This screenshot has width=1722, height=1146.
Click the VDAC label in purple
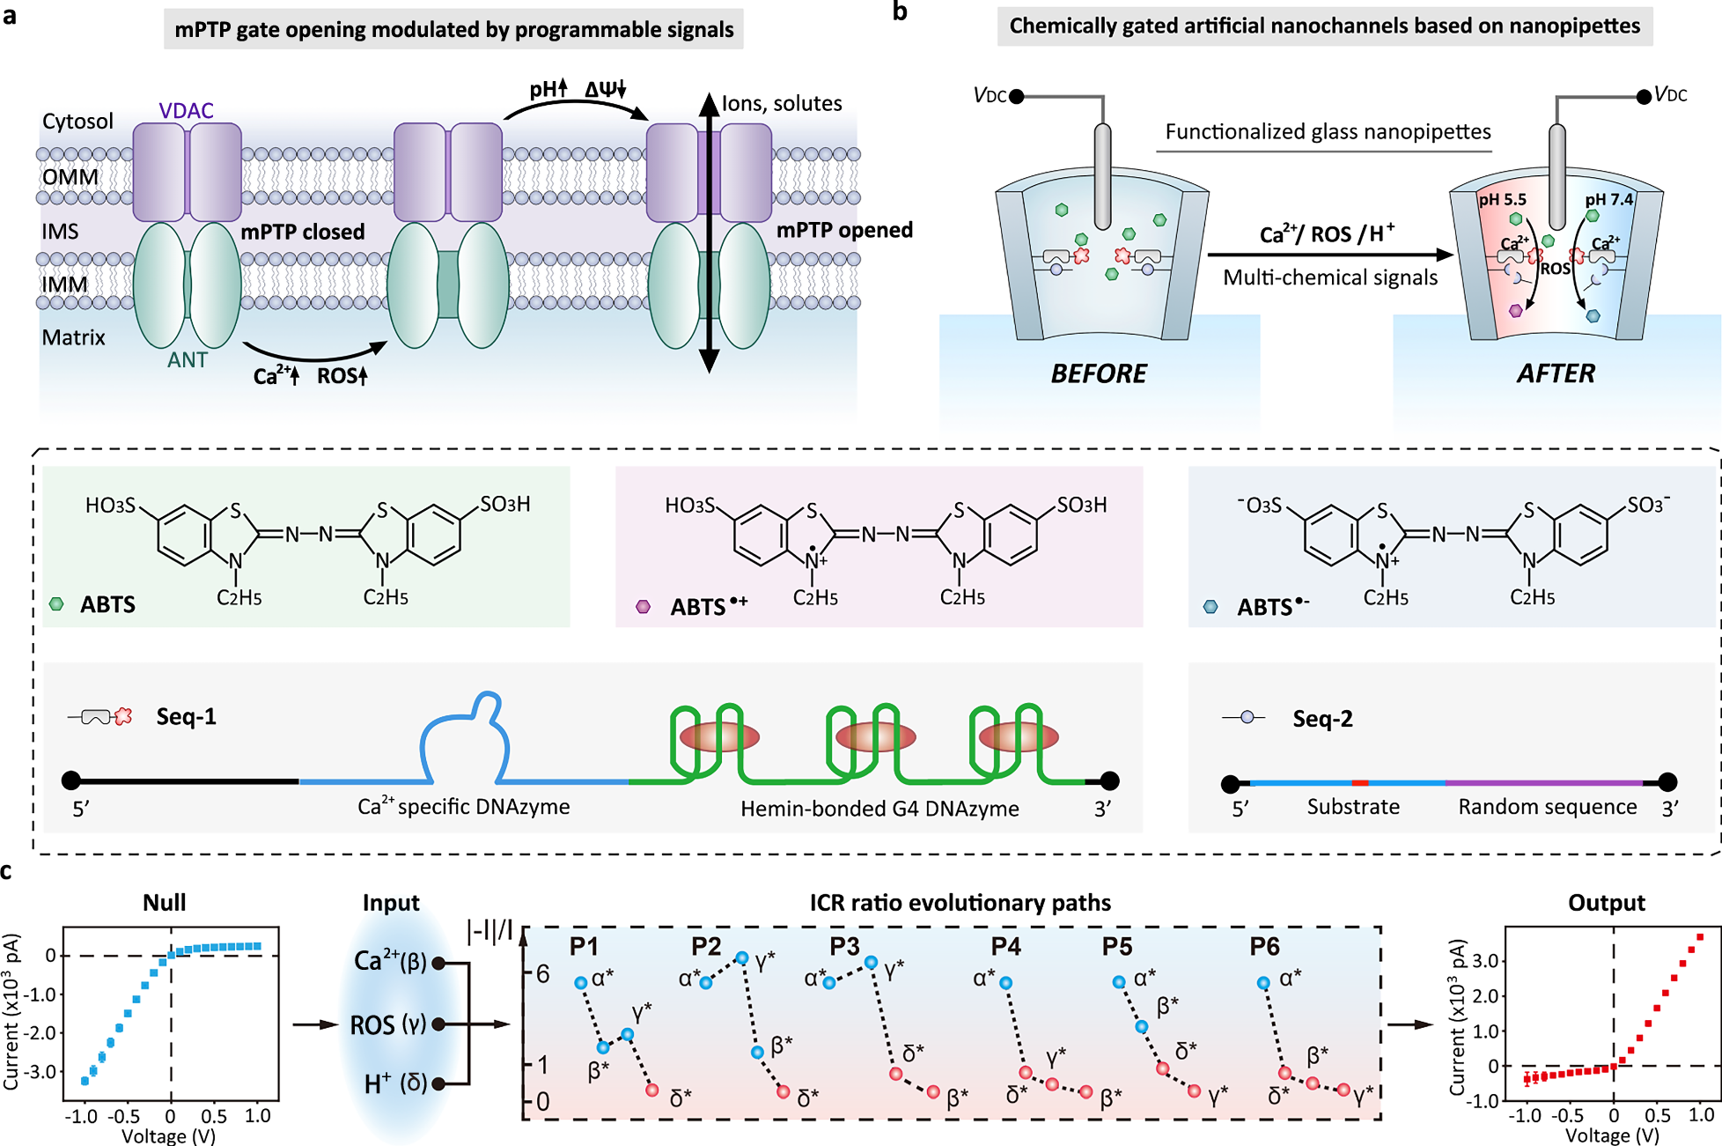pos(186,111)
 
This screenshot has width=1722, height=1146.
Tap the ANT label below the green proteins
pos(188,360)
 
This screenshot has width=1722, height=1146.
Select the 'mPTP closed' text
pos(303,233)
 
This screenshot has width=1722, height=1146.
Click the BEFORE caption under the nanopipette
pos(1098,373)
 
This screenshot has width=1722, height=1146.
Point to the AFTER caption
pos(1555,373)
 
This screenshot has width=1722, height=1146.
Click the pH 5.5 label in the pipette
pos(1502,200)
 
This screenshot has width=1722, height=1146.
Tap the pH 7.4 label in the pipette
pos(1608,200)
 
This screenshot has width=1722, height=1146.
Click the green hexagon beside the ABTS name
pos(57,604)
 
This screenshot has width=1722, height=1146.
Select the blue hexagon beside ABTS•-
pos(1211,607)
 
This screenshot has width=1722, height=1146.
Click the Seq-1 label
pos(186,717)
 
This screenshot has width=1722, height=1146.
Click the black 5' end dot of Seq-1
pos(71,780)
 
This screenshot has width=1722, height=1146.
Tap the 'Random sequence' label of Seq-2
pos(1547,807)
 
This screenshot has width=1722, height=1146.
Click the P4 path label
pos(1005,947)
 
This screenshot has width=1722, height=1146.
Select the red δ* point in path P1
pos(651,1091)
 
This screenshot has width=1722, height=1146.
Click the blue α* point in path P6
pos(1263,983)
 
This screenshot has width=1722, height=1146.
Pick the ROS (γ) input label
pos(387,1024)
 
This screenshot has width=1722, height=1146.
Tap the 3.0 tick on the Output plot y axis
pos(1485,961)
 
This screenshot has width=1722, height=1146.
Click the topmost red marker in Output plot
pos(1701,937)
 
